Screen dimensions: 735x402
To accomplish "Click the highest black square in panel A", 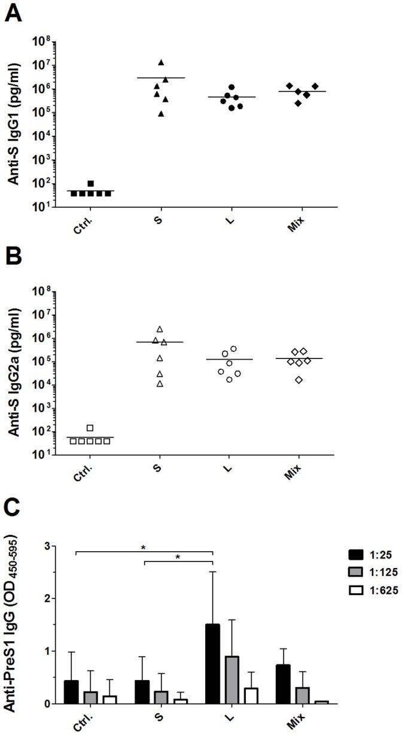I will pos(90,184).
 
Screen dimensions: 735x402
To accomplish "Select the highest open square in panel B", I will pos(90,427).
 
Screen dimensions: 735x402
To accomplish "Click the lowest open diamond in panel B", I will pos(299,380).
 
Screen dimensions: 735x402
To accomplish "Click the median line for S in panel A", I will pos(161,78).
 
